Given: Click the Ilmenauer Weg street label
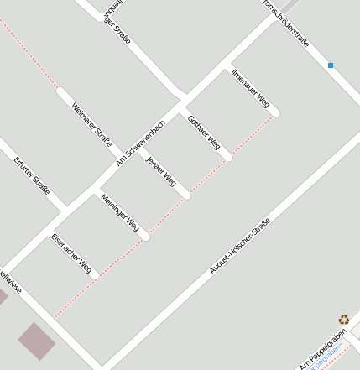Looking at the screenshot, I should pyautogui.click(x=251, y=88).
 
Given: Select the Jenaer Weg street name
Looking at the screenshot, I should pyautogui.click(x=161, y=171).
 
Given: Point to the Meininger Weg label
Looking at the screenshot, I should pyautogui.click(x=119, y=211).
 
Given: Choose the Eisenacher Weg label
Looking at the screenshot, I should pyautogui.click(x=71, y=253).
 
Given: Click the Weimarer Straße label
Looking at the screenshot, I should pyautogui.click(x=91, y=124).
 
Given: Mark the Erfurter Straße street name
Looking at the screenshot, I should pyautogui.click(x=32, y=176).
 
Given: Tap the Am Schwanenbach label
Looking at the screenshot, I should pyautogui.click(x=141, y=142).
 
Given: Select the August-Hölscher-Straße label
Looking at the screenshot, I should pyautogui.click(x=240, y=246).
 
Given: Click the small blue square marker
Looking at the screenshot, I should pyautogui.click(x=331, y=65).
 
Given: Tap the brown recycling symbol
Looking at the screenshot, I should pyautogui.click(x=344, y=319).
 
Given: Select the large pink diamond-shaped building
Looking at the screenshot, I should pyautogui.click(x=37, y=341).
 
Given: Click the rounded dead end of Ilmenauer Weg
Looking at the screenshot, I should pyautogui.click(x=275, y=112).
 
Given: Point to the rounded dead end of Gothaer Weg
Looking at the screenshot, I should pyautogui.click(x=227, y=156).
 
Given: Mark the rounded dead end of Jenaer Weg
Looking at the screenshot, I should pyautogui.click(x=185, y=195).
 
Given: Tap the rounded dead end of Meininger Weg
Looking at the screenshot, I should pyautogui.click(x=145, y=236).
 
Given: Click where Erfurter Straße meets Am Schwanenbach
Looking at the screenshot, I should pyautogui.click(x=65, y=209).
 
